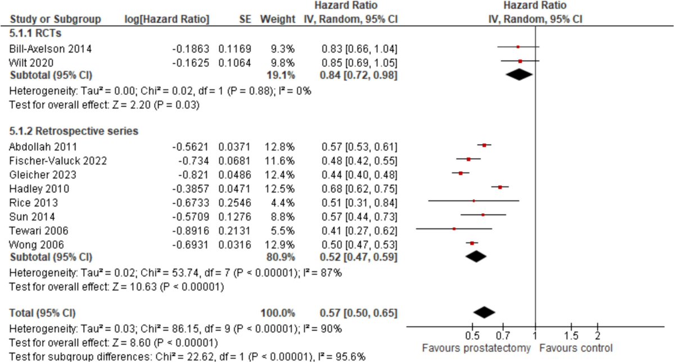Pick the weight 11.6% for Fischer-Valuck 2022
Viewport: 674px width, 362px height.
(278, 161)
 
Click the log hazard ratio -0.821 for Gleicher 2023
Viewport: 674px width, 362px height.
(191, 175)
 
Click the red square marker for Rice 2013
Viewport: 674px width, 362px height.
(473, 201)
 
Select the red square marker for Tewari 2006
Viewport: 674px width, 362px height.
(454, 229)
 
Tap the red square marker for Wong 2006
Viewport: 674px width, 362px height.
(472, 243)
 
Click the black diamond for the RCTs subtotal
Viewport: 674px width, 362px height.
(519, 74)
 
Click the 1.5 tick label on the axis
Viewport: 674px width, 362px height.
(571, 336)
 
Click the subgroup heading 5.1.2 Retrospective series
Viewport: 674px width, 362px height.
(74, 131)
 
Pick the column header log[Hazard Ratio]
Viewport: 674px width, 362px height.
(166, 19)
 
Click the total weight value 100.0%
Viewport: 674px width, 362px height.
(277, 312)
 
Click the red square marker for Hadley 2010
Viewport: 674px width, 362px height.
(500, 187)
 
